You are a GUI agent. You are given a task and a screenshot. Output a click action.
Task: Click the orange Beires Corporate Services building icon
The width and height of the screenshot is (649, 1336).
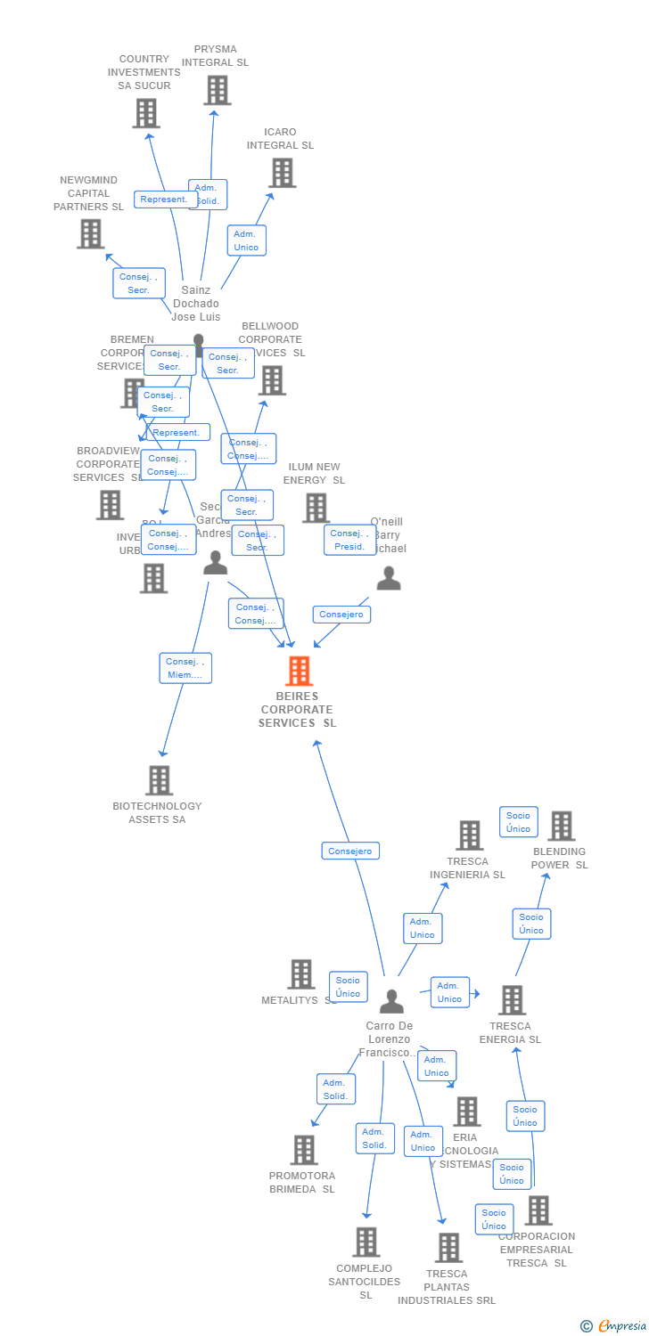point(299,671)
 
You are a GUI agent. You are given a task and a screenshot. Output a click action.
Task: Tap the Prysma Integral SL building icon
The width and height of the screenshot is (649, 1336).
point(217,90)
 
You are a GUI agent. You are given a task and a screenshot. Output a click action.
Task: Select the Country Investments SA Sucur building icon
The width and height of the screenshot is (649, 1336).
point(146,113)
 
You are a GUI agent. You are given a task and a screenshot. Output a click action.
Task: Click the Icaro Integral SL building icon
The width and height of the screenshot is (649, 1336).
point(282,173)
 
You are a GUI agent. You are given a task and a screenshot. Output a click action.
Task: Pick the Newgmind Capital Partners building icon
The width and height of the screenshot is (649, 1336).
point(90,233)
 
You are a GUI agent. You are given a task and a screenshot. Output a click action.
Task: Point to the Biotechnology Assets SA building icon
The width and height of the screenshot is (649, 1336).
point(159,780)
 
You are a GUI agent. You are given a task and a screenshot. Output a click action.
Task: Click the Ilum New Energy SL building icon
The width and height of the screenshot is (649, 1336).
point(316,508)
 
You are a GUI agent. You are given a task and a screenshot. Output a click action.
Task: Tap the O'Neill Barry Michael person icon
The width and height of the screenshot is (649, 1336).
point(389,579)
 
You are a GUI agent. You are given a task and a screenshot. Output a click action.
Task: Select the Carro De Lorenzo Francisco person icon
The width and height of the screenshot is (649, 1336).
point(391,1002)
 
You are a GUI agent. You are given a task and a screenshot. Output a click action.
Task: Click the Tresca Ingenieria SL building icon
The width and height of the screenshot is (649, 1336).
point(469,835)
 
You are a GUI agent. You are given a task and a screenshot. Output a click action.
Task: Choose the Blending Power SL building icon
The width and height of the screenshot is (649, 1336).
point(561,826)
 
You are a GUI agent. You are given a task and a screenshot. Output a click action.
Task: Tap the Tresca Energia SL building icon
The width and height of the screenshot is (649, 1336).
point(512,1000)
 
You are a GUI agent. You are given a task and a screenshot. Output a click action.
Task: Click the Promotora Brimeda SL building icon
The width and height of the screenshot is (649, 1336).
point(304,1150)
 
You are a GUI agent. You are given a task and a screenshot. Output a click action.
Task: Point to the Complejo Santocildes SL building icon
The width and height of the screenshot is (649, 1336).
point(366,1242)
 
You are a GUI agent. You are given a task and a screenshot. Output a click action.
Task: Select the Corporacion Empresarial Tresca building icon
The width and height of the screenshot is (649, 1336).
point(538,1210)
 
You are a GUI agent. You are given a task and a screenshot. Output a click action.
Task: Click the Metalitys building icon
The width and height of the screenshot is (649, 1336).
point(301,974)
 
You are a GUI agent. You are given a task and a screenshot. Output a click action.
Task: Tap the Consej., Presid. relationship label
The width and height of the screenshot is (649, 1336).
point(349,540)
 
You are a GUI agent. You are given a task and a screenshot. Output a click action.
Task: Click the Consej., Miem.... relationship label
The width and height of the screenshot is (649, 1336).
point(185,668)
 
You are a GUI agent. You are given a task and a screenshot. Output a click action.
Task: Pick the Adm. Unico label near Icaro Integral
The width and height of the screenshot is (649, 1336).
point(246,240)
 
